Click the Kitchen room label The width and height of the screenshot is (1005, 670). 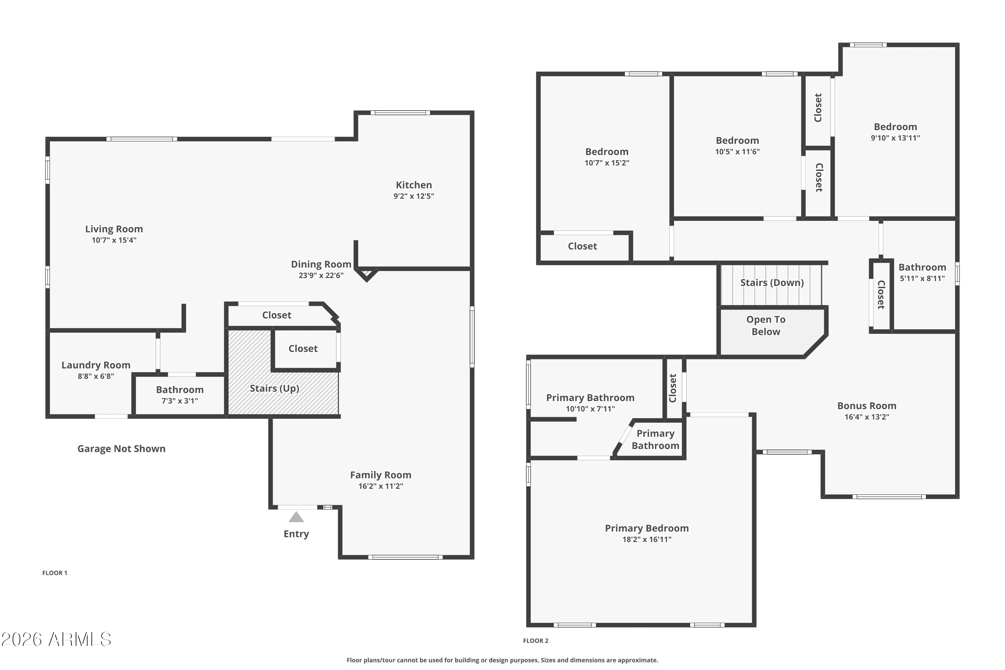point(414,185)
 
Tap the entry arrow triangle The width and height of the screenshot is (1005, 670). point(296,518)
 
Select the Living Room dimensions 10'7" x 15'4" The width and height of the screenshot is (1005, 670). point(114,240)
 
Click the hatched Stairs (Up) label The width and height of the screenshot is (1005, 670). point(274,388)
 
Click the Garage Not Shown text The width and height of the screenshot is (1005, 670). point(121,449)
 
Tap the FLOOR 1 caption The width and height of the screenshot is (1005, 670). point(55,573)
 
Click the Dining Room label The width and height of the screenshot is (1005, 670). point(321,265)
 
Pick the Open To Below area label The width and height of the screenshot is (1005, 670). point(766,326)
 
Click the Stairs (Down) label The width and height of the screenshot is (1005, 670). point(772,283)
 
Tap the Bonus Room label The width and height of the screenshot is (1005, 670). point(867,406)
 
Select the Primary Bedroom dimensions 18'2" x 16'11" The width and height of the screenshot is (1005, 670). point(647,540)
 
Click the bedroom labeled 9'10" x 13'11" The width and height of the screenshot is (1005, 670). point(895,127)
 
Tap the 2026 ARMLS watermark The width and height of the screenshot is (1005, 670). point(56,640)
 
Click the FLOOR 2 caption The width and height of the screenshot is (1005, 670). point(535,641)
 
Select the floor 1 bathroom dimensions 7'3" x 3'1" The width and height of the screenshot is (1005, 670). point(180,401)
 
